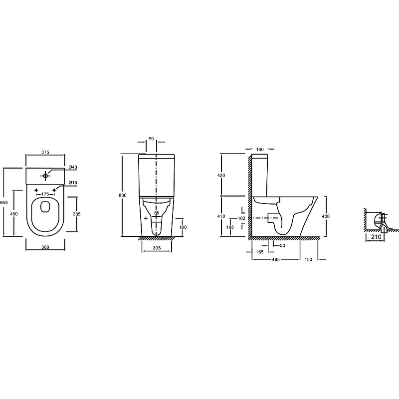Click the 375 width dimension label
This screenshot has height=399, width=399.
coord(45,152)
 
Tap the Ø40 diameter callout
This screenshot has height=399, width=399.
coord(73,167)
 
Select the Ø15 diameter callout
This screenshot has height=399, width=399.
coord(73,183)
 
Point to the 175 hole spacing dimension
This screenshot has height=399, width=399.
coord(45,194)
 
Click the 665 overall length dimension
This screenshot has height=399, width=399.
coord(4,202)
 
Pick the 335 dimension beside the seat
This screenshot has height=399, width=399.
coord(77,214)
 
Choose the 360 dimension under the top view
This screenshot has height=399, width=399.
coord(45,247)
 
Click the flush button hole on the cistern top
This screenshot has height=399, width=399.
coord(45,176)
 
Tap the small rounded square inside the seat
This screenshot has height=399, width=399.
coord(45,206)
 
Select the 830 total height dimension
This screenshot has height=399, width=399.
coord(122,196)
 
